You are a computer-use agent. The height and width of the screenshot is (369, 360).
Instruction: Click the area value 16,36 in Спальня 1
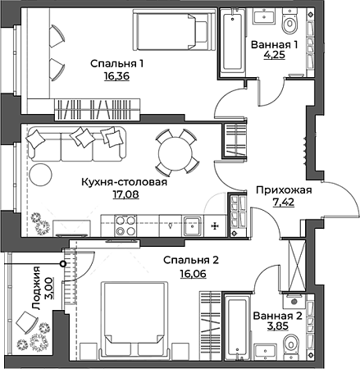click(x=116, y=76)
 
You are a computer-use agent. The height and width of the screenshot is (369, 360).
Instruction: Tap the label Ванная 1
click(x=274, y=44)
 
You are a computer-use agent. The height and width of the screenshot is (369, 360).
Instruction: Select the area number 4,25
click(x=274, y=55)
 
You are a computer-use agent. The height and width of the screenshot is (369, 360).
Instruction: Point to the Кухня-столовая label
click(x=125, y=182)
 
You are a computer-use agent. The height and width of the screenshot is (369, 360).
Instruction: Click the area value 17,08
click(x=126, y=194)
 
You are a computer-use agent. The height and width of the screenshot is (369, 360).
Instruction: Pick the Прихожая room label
click(x=284, y=190)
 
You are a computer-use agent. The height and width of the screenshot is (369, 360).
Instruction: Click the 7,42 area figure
click(x=284, y=203)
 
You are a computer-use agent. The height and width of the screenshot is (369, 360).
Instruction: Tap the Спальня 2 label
click(x=191, y=260)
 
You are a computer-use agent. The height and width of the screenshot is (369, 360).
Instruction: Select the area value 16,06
click(x=193, y=273)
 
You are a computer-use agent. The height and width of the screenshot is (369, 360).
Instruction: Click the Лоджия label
click(x=36, y=288)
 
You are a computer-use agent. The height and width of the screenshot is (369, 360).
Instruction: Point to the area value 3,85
click(x=278, y=326)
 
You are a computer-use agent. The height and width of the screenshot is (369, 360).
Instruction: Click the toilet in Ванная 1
click(x=289, y=21)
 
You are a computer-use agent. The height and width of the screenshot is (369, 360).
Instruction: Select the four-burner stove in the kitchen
click(x=126, y=225)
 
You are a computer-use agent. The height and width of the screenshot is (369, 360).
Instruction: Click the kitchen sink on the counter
click(x=193, y=225)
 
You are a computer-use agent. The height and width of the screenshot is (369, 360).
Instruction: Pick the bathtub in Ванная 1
click(x=233, y=41)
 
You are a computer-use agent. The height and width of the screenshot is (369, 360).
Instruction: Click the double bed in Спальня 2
click(x=134, y=320)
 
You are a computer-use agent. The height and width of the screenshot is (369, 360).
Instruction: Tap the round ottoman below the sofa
click(x=41, y=175)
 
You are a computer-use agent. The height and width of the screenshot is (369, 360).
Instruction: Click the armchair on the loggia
click(x=26, y=322)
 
